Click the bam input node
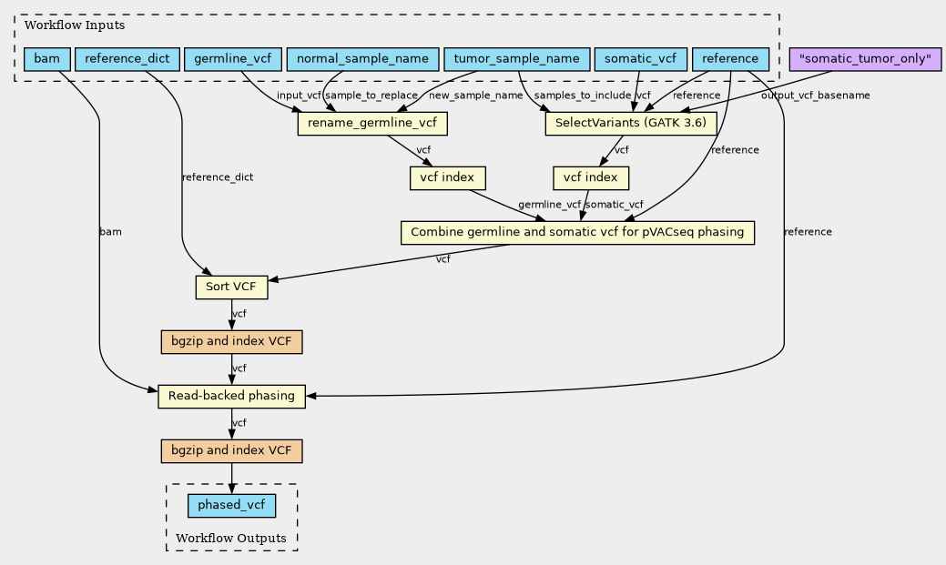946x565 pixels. click(x=47, y=59)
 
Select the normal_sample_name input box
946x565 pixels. click(x=362, y=59)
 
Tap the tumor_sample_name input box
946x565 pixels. click(x=516, y=59)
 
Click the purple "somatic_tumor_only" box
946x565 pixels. click(x=865, y=59)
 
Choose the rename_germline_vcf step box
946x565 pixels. click(x=372, y=124)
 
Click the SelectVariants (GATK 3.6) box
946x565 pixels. click(x=630, y=124)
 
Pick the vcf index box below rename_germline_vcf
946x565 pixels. click(x=448, y=178)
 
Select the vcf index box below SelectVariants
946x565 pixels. click(x=591, y=178)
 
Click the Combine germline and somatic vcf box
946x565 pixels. click(x=577, y=233)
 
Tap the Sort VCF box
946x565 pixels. click(x=231, y=287)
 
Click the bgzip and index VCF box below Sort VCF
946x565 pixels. click(x=231, y=342)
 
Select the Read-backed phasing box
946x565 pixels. click(x=231, y=396)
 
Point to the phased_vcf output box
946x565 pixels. click(x=231, y=505)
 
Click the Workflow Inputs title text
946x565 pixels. click(x=75, y=25)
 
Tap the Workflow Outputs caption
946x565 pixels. click(x=231, y=539)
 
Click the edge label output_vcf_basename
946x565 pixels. click(x=815, y=96)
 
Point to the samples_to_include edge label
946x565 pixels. click(x=582, y=96)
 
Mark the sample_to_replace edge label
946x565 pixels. click(x=371, y=96)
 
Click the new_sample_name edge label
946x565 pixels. click(x=475, y=96)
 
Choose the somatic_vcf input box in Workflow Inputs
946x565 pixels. click(x=641, y=59)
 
